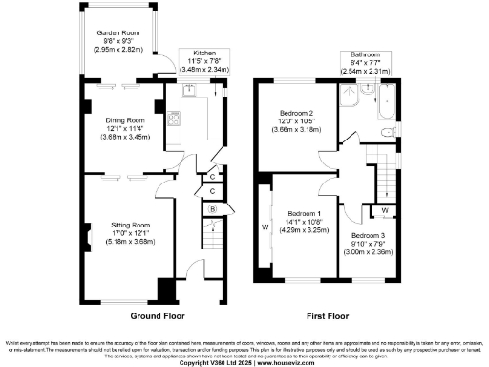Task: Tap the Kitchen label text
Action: click(205, 53)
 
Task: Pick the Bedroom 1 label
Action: click(306, 212)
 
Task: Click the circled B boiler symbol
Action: click(213, 209)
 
